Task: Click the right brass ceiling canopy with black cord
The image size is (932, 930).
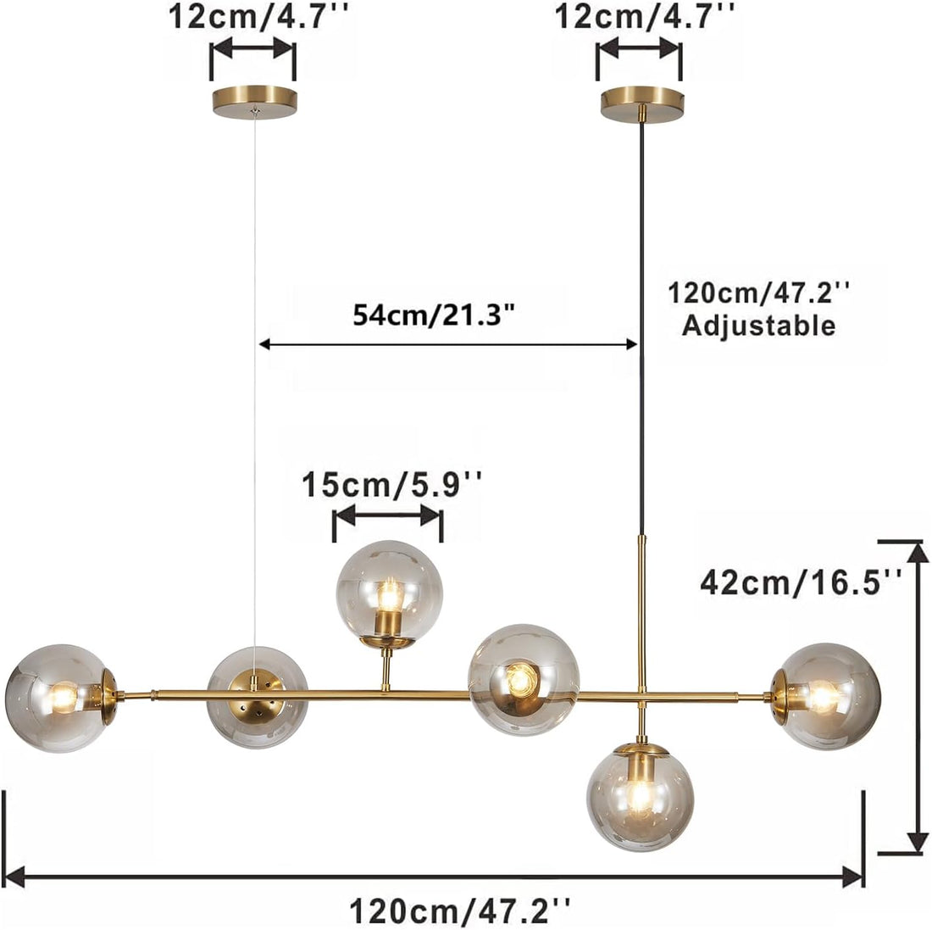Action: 641,102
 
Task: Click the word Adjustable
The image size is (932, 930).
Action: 758,326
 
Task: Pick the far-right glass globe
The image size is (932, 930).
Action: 828,696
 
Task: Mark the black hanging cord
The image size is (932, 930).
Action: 641,339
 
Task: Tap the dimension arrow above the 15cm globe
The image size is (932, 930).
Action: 388,515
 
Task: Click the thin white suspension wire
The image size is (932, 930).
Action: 255,424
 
